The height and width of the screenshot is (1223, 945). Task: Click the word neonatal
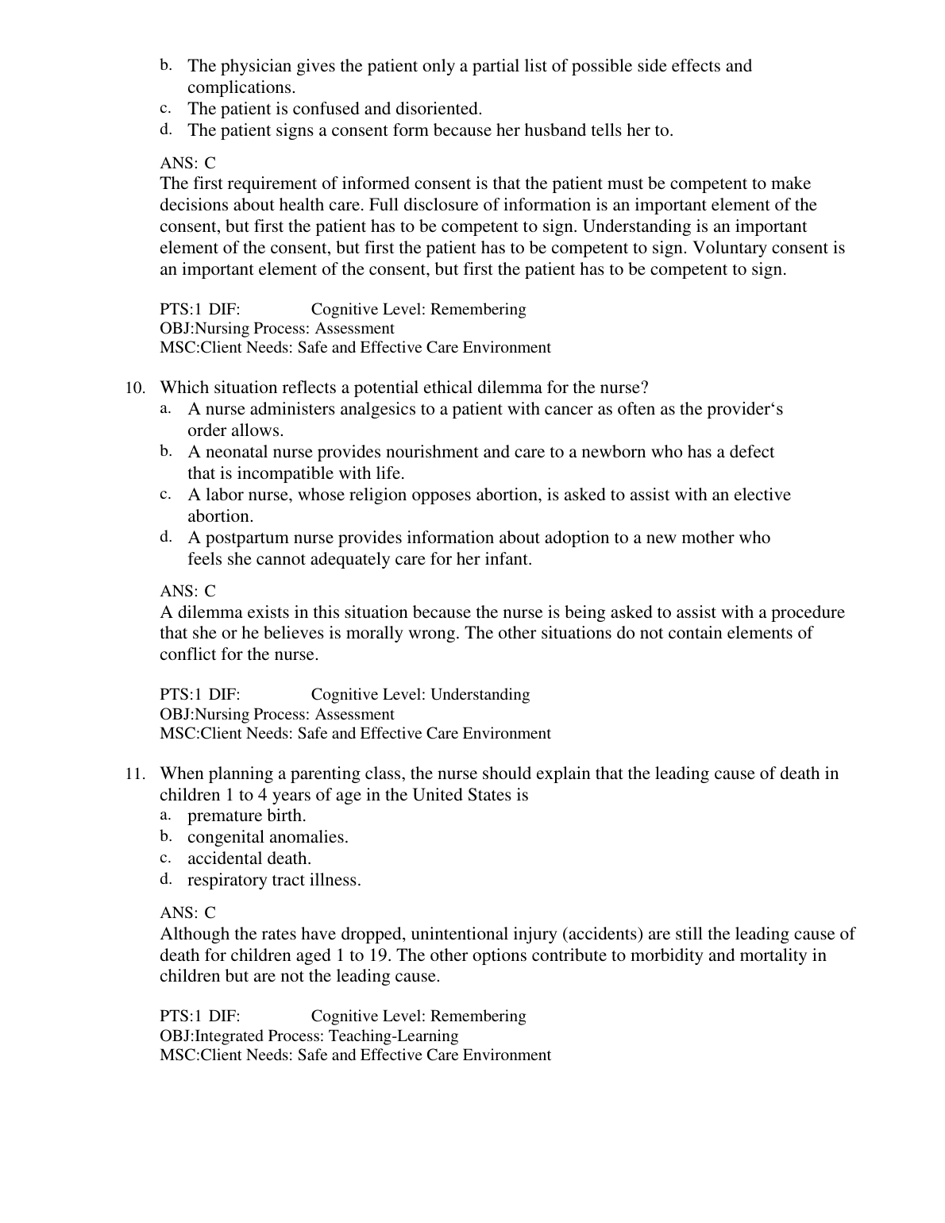pyautogui.click(x=236, y=453)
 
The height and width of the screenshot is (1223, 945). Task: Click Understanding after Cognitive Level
pyautogui.click(x=480, y=695)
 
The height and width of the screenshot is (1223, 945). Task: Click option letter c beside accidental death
pyautogui.click(x=165, y=858)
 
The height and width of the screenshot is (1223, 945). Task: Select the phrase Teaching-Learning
pyautogui.click(x=393, y=1036)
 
